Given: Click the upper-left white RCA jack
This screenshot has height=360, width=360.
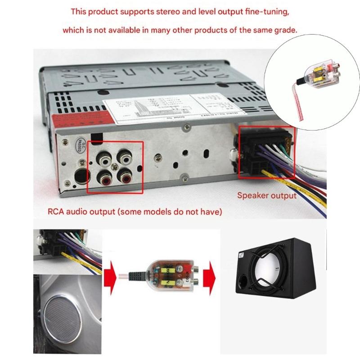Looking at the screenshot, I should [x=105, y=158].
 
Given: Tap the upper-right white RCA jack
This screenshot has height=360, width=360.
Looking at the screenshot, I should [x=125, y=158].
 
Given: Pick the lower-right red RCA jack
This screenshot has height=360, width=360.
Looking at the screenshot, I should [x=126, y=179].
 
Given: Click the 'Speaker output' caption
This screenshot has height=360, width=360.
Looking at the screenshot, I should [x=267, y=195].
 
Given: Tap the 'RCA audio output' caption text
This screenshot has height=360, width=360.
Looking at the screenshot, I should [x=135, y=211].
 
